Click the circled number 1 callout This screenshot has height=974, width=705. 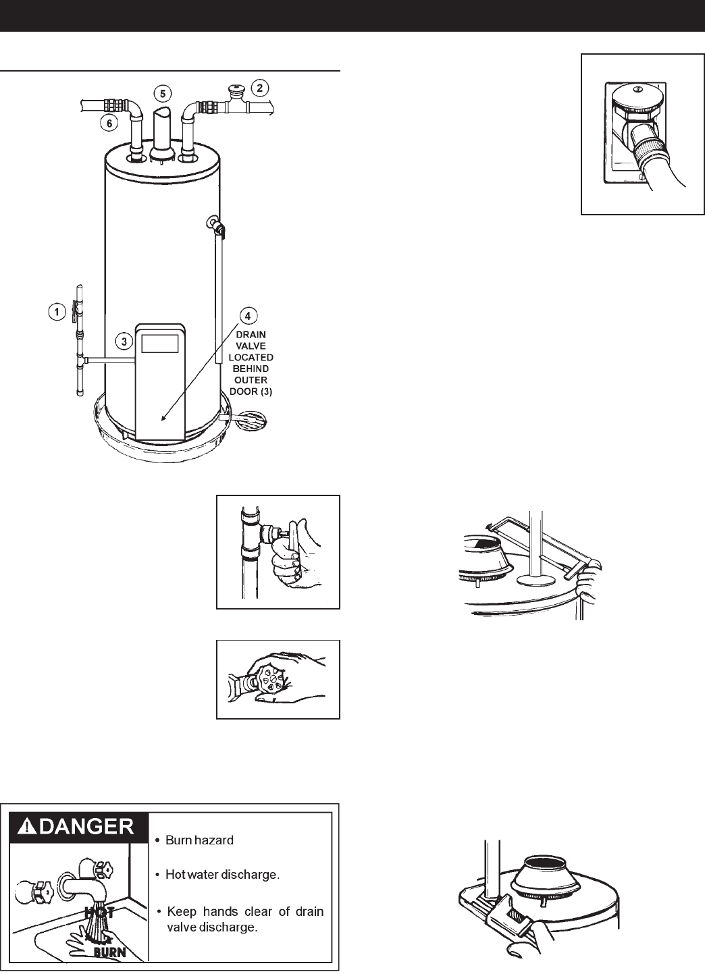(x=57, y=311)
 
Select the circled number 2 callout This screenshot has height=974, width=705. (x=259, y=86)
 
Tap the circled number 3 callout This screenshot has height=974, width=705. (x=124, y=342)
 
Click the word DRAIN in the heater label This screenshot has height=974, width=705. (x=250, y=332)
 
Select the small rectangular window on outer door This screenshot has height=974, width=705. (x=161, y=343)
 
